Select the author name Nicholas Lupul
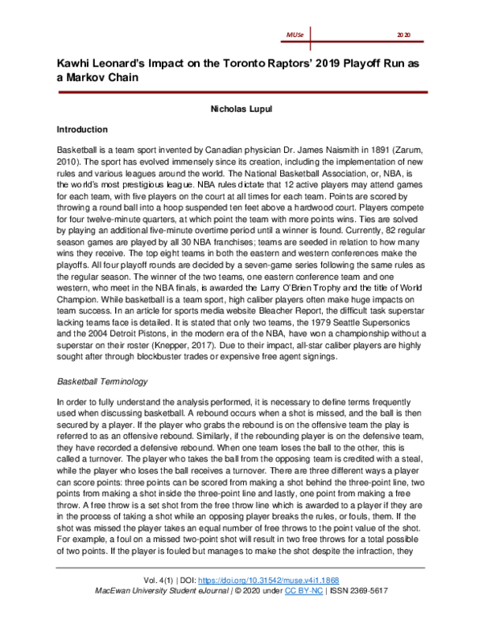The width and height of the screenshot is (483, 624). [x=242, y=106]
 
